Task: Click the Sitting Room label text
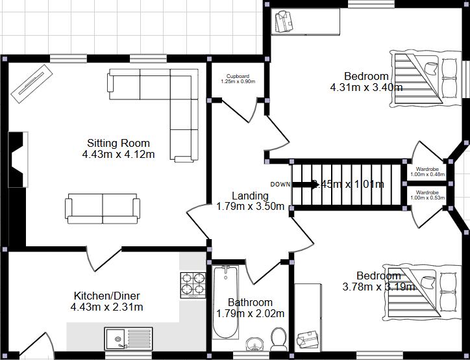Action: pos(118,143)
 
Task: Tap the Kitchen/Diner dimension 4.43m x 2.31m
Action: pos(107,307)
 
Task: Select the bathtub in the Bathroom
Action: pos(226,302)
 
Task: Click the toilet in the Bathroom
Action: pos(278,338)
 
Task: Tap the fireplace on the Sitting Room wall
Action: pos(18,159)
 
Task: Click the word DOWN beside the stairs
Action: pos(280,184)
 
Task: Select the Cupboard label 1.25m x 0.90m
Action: pos(238,79)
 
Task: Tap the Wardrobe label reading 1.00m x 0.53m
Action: pos(427,195)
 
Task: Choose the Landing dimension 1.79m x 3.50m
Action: pos(250,207)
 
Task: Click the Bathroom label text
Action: pos(250,302)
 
